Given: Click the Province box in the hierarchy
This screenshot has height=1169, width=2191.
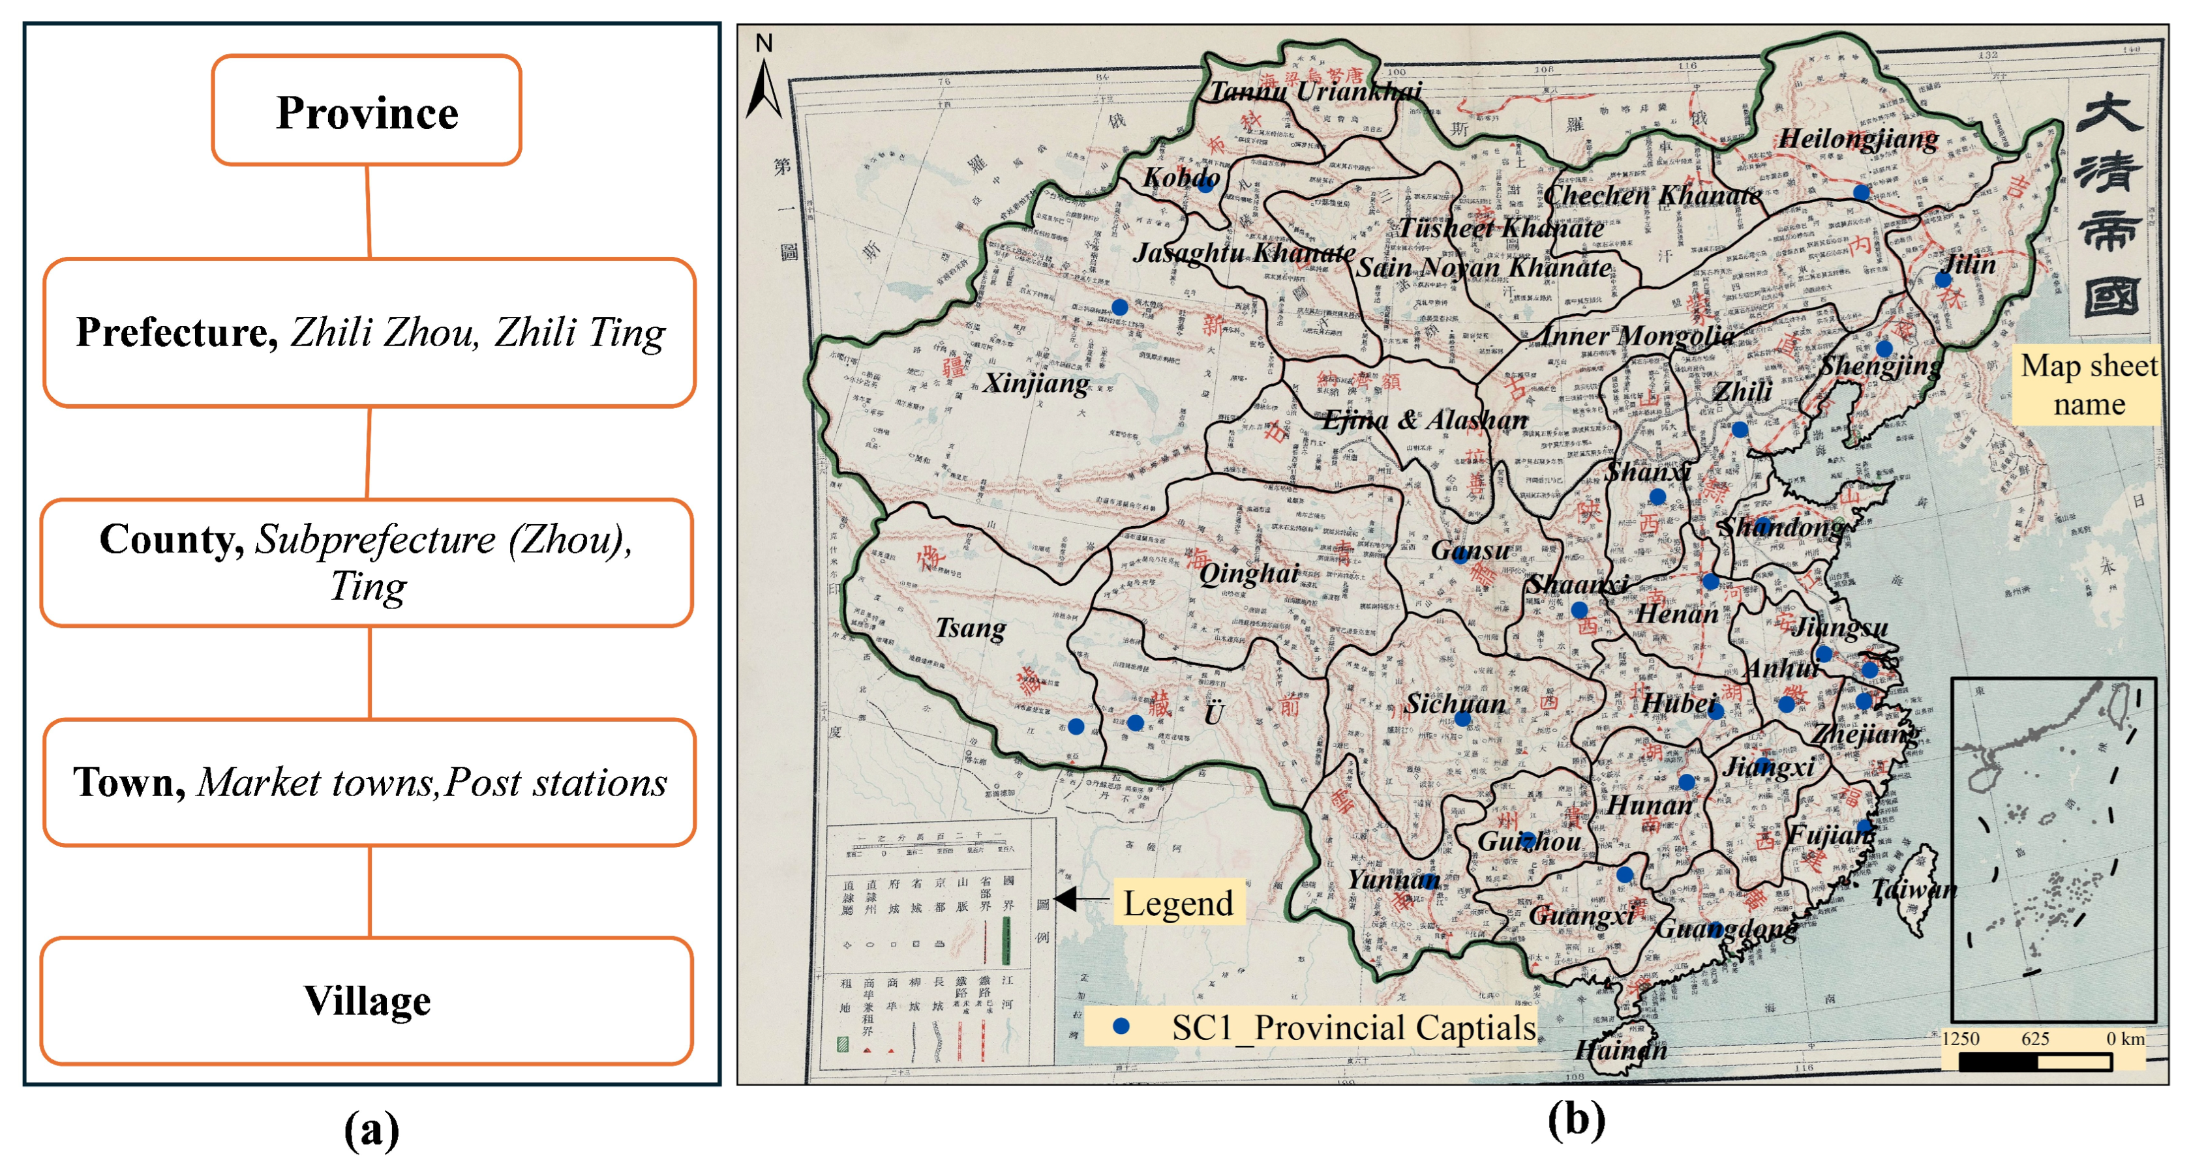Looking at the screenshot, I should (x=367, y=111).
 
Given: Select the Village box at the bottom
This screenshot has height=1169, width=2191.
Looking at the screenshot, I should (x=367, y=1001).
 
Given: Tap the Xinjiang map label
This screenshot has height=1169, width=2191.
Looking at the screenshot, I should (x=1035, y=383).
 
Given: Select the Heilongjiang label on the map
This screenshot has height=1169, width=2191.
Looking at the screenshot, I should (x=1858, y=139).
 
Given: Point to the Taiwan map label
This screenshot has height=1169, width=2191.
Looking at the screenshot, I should (x=1914, y=890).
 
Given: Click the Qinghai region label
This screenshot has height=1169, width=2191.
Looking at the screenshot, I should (x=1248, y=574).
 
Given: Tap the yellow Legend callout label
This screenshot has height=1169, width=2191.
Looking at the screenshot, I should (x=1178, y=903).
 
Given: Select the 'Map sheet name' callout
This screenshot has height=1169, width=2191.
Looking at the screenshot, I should (x=2088, y=384).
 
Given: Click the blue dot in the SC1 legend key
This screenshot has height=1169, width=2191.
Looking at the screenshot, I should (x=1121, y=1027).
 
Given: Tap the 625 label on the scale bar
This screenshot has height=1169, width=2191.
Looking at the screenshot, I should (x=2034, y=1039).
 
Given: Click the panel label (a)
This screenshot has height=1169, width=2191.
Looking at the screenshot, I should (x=371, y=1130).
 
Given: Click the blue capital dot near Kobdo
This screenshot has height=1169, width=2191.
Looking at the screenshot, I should (x=1205, y=185).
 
